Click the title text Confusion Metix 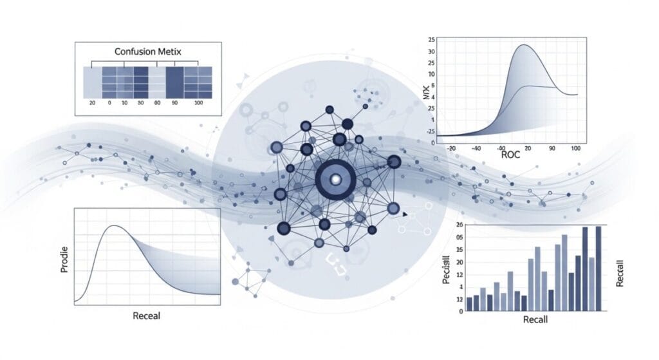tap(148, 52)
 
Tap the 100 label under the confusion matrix tap(198, 104)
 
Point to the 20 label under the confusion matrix tap(92, 104)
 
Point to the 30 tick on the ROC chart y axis tap(431, 52)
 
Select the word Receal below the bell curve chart tap(146, 316)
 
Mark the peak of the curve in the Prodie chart tap(114, 225)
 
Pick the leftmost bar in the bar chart tap(469, 304)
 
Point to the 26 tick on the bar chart tap(459, 224)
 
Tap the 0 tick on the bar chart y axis tap(461, 311)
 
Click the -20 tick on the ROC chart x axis tap(450, 148)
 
